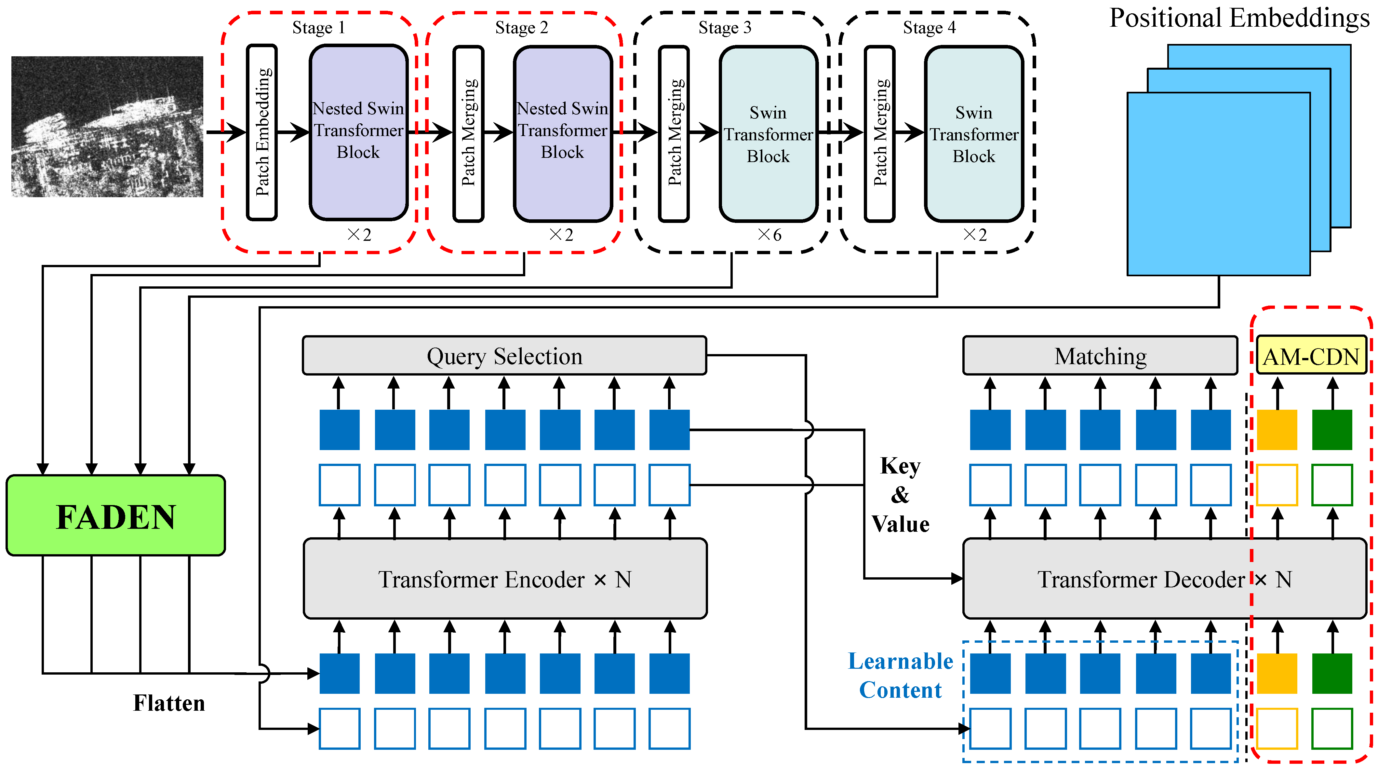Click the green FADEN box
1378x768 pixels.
(115, 515)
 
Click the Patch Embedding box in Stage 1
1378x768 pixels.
(261, 132)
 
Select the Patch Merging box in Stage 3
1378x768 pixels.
(674, 133)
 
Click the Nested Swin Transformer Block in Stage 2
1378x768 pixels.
(562, 133)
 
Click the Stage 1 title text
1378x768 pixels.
(318, 27)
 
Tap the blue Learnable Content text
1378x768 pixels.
(900, 675)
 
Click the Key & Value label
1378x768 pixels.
(900, 495)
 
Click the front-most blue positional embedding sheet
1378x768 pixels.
(1218, 184)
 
